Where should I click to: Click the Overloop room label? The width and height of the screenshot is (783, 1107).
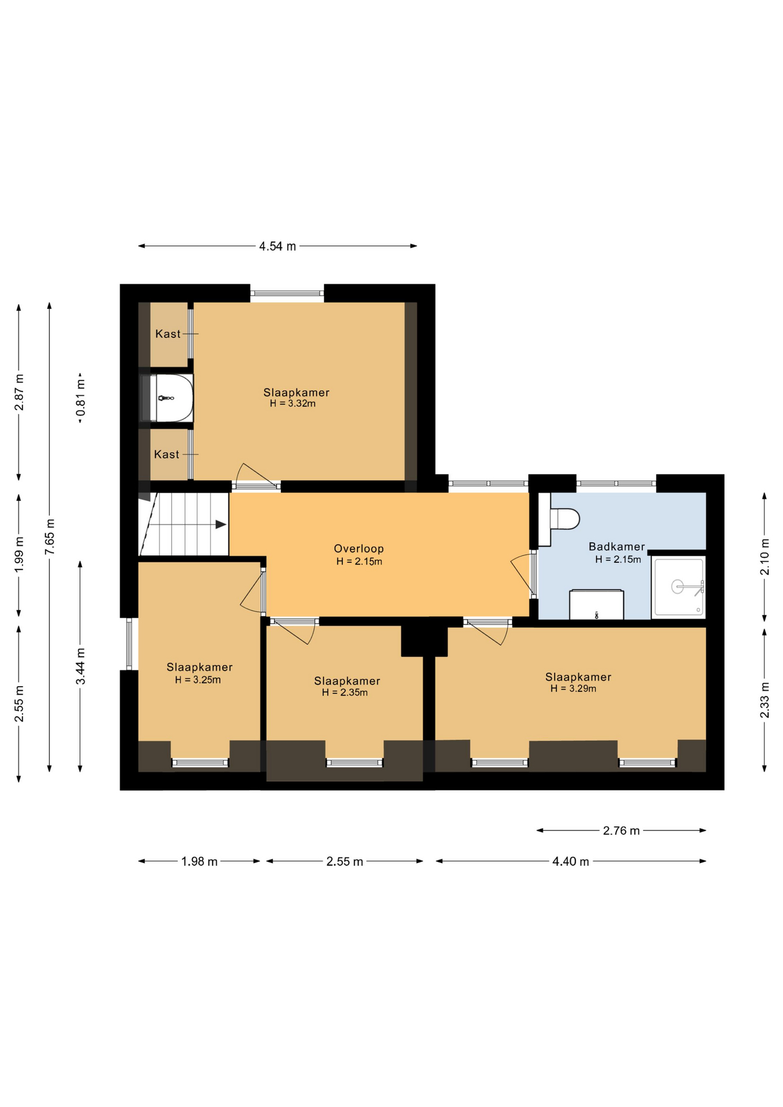tap(359, 549)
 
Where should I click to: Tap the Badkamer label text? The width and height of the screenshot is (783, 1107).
tap(616, 547)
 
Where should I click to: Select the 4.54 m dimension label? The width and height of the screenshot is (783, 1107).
tap(277, 246)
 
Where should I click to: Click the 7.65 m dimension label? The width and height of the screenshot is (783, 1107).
tap(50, 537)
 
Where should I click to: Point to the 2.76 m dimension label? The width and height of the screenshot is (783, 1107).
tap(621, 831)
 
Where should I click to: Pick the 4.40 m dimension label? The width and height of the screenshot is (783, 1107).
tap(571, 861)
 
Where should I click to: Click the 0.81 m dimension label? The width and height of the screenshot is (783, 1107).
tap(81, 398)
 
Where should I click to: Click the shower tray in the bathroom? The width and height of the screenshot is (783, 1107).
tap(679, 587)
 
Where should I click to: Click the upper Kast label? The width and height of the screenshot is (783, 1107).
tap(168, 334)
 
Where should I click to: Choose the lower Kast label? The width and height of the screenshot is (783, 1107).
tap(167, 454)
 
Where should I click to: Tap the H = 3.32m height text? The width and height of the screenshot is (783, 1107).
tap(293, 404)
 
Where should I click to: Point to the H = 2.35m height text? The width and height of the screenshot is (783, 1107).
tap(345, 692)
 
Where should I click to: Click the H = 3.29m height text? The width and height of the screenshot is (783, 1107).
tap(573, 688)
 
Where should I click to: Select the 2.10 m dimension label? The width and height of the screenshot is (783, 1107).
tap(765, 556)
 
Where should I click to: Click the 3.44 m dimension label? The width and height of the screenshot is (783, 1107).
tap(81, 666)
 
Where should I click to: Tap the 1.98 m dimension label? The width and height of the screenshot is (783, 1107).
tap(199, 861)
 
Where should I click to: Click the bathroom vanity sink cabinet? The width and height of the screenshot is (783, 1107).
tap(596, 604)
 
